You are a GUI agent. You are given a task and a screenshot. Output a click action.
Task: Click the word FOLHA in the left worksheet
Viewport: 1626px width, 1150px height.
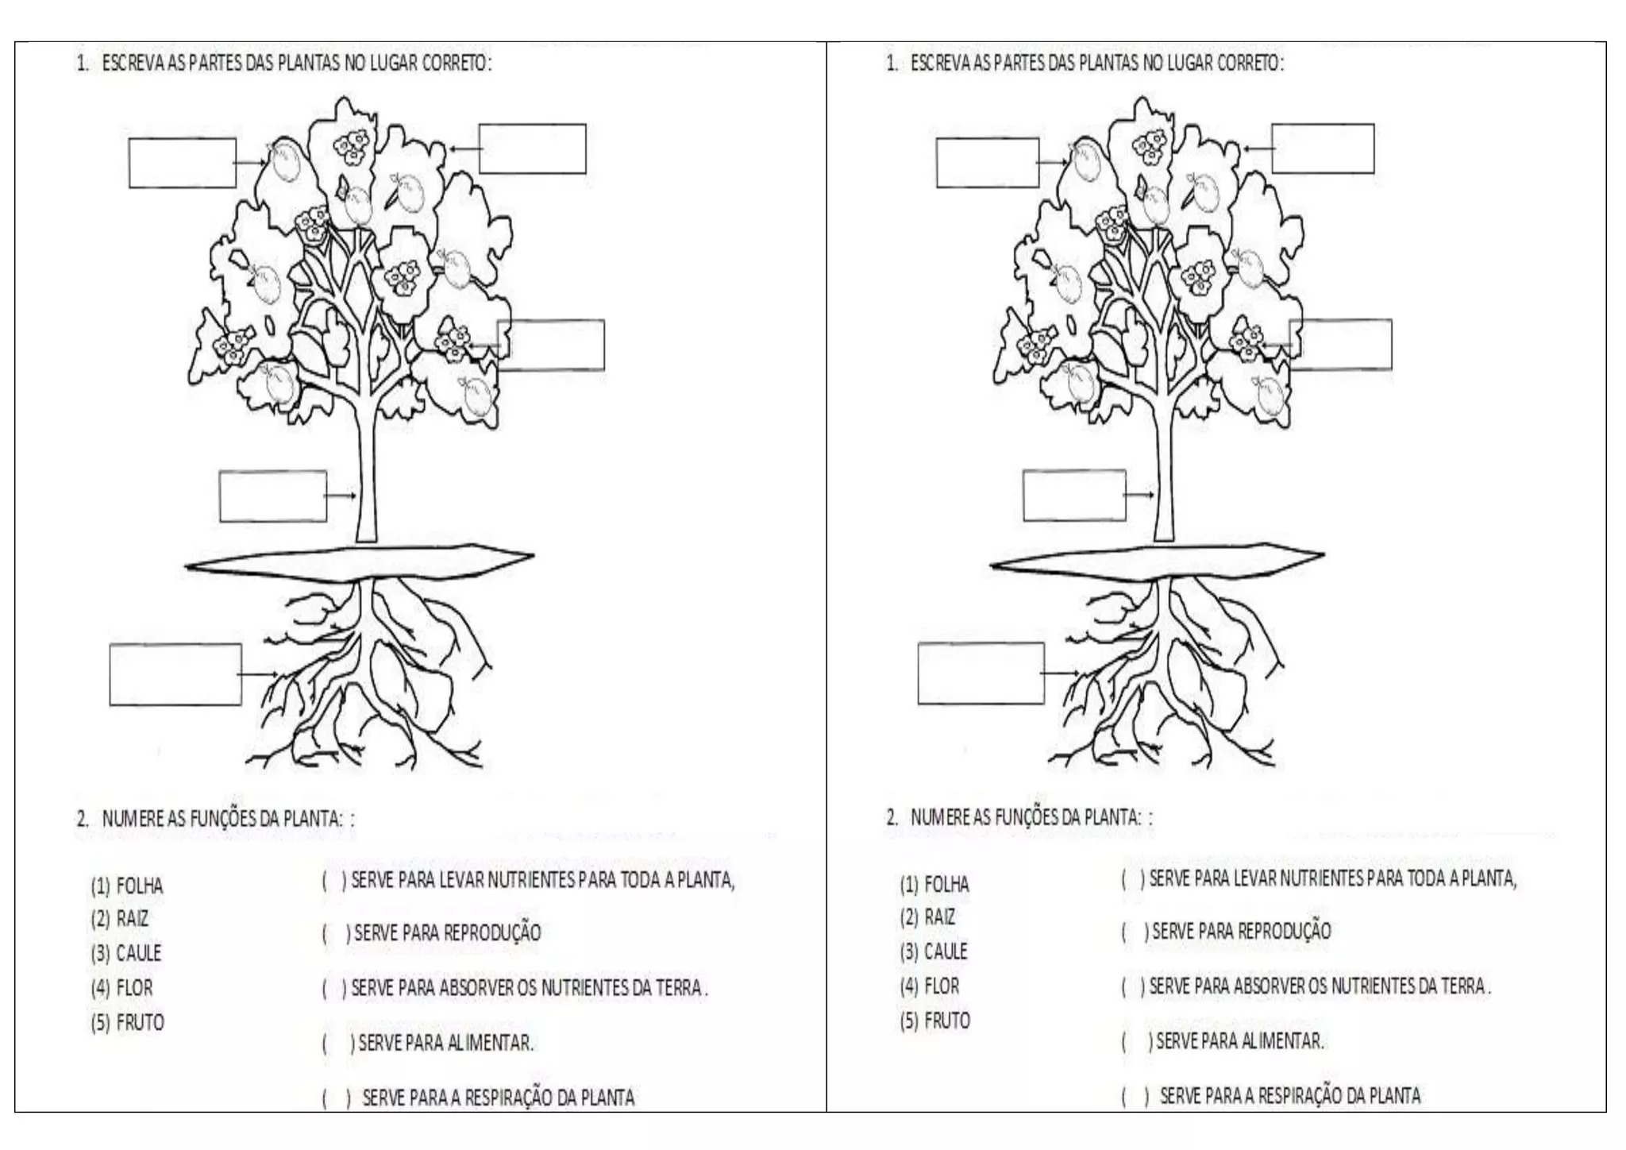(x=139, y=886)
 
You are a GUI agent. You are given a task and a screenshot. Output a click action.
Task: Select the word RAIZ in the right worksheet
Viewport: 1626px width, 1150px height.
(x=940, y=917)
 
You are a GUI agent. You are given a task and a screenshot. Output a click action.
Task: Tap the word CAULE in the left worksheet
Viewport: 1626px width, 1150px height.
(x=139, y=953)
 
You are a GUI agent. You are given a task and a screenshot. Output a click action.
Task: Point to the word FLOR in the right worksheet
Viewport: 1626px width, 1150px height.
(x=942, y=986)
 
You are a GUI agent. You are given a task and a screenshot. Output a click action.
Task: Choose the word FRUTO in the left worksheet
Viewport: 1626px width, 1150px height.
(x=141, y=1022)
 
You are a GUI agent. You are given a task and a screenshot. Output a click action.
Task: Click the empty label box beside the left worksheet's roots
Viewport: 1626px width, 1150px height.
(x=175, y=674)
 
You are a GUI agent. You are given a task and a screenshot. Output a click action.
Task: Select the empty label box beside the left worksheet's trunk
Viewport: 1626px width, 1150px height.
(x=273, y=496)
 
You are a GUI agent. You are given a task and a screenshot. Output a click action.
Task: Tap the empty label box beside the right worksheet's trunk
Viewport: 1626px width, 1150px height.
(x=1074, y=496)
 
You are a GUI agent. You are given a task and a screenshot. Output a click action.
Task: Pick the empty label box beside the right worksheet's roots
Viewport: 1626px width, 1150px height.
(x=981, y=673)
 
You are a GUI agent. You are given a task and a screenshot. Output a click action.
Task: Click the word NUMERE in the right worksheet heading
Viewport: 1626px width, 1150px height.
(x=934, y=817)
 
